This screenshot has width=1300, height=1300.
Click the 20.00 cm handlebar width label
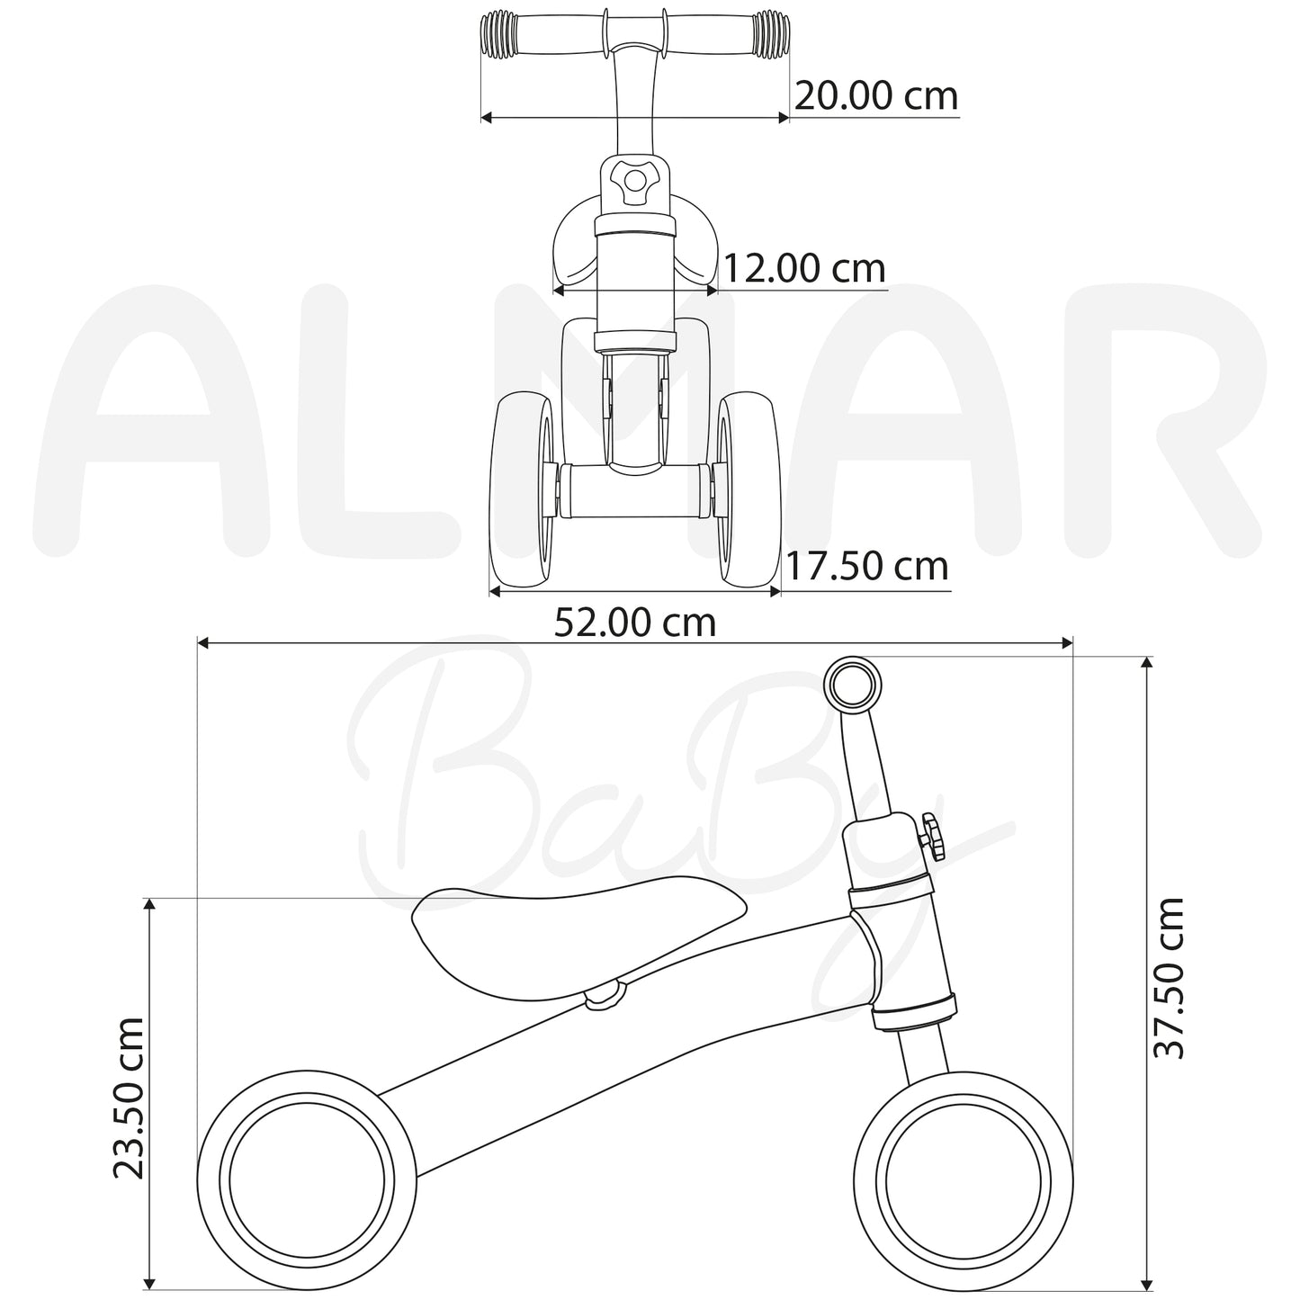click(875, 96)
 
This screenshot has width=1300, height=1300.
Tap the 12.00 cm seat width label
click(803, 268)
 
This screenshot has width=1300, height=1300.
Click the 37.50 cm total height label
click(1170, 978)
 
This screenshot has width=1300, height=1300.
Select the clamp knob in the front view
click(634, 181)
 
